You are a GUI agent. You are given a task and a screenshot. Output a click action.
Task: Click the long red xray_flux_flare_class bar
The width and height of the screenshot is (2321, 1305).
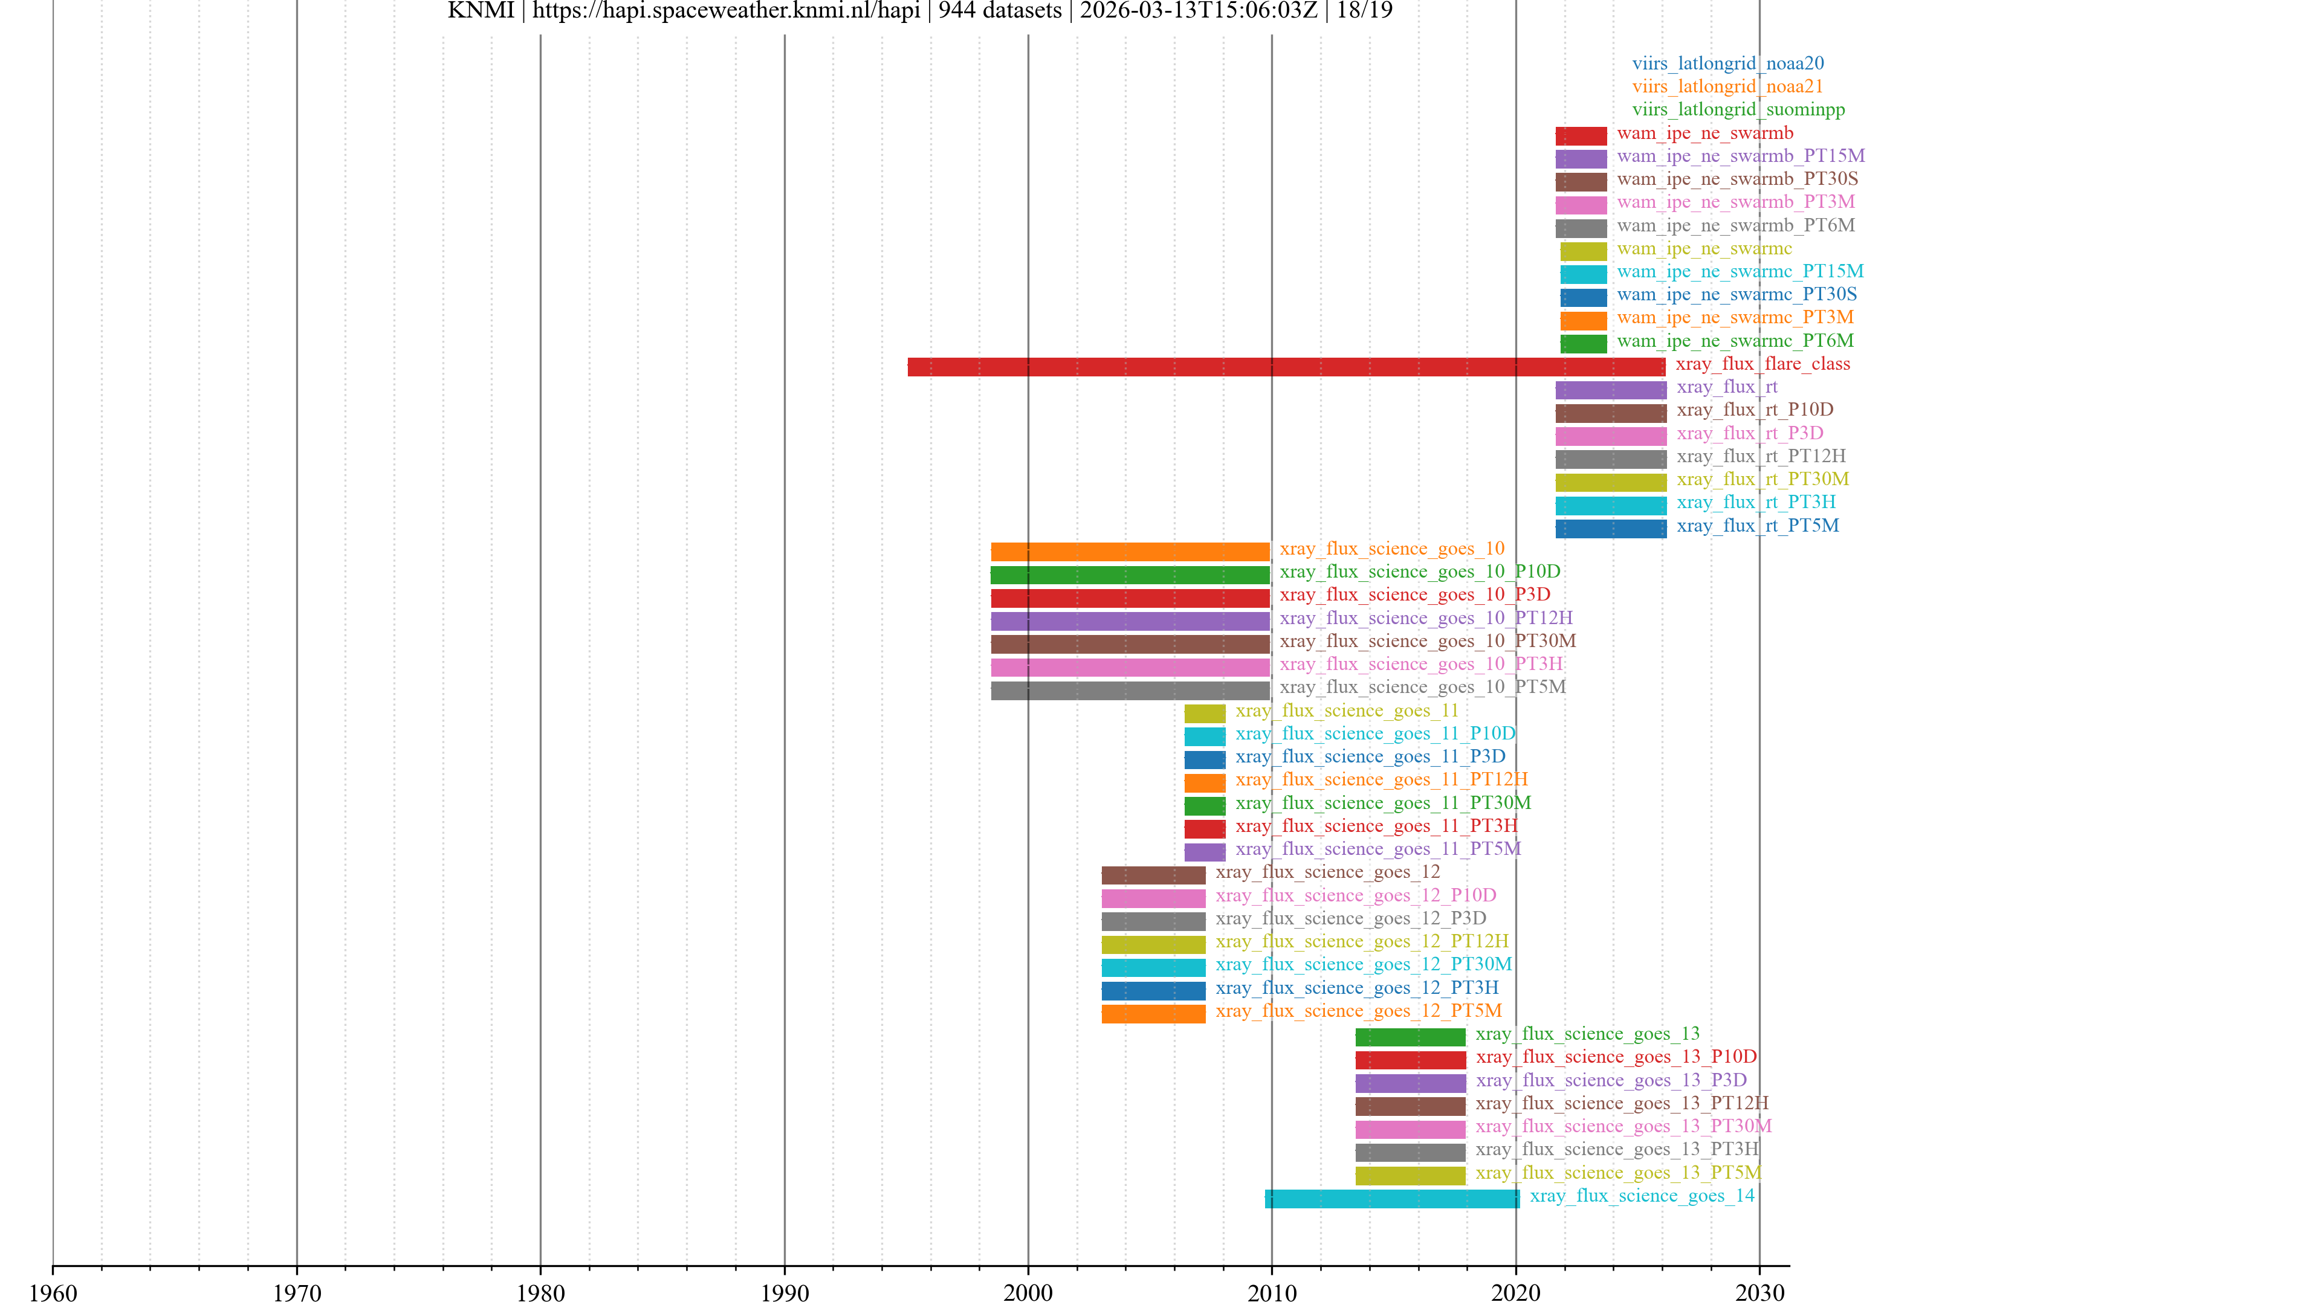(1286, 367)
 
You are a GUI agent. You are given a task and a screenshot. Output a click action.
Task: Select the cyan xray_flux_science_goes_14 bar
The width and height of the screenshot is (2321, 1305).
(1391, 1199)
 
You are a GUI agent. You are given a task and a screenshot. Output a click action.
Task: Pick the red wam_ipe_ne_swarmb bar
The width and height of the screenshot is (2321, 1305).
(1581, 136)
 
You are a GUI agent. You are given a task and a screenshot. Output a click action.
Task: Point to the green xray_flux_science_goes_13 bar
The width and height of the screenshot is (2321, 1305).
(1410, 1037)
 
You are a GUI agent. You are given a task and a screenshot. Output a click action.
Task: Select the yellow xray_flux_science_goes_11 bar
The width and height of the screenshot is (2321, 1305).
(1205, 714)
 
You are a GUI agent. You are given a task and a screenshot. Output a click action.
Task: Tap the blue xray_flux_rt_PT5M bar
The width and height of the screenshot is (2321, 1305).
(1610, 529)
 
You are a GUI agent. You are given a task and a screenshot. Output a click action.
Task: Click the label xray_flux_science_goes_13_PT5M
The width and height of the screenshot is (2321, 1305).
(1617, 1173)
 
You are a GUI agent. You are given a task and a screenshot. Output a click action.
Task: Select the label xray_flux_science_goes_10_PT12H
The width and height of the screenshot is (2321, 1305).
(1425, 618)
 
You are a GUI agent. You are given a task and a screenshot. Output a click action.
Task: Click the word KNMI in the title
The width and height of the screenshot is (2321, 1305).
(481, 11)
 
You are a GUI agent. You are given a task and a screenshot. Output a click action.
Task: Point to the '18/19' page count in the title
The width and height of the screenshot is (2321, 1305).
(1364, 11)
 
